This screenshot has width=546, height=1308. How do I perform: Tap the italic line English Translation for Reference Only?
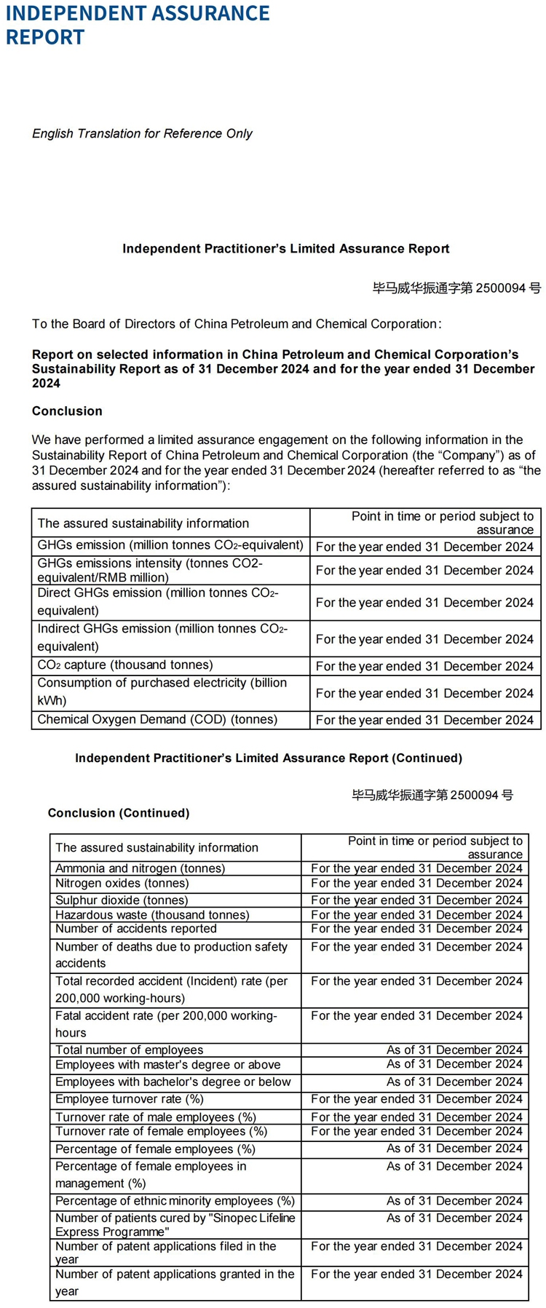point(142,133)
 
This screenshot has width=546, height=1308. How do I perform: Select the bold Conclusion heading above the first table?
point(67,411)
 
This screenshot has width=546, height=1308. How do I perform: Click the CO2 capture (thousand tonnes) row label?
point(125,665)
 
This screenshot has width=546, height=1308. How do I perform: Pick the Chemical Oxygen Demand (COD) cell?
point(157,719)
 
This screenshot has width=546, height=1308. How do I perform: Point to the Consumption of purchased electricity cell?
point(162,691)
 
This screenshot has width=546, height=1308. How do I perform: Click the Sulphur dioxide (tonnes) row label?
point(122,900)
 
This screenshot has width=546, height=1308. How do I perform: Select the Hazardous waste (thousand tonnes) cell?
point(152,914)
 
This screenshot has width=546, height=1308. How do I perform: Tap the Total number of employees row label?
point(129,1050)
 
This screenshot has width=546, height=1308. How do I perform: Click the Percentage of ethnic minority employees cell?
point(175,1201)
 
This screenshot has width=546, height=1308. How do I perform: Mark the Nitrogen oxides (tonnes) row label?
point(122,883)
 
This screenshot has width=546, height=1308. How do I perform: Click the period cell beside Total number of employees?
point(454,1050)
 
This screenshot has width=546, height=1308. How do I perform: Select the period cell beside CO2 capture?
point(424,666)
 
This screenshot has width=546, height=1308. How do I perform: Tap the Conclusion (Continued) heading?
point(119,813)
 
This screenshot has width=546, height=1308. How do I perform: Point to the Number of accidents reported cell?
point(135,928)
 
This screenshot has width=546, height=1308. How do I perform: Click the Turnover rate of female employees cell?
point(161,1131)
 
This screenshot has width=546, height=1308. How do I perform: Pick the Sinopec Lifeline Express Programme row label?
point(175,1224)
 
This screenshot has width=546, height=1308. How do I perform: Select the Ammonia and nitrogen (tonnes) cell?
point(140,868)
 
